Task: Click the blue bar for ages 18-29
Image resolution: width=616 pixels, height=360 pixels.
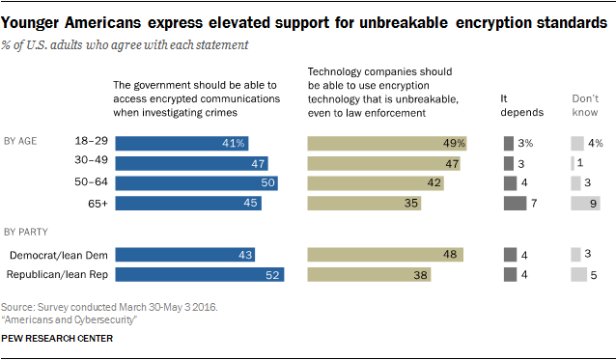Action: [x=183, y=144]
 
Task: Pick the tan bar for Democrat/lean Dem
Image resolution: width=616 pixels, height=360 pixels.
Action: [x=385, y=254]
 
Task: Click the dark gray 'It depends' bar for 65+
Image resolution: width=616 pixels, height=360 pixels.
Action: [x=515, y=203]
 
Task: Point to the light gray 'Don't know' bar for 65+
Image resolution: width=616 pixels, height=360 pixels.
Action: [x=584, y=203]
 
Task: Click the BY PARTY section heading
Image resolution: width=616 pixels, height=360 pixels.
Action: [x=27, y=231]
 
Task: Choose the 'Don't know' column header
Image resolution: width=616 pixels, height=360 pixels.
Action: [x=585, y=104]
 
